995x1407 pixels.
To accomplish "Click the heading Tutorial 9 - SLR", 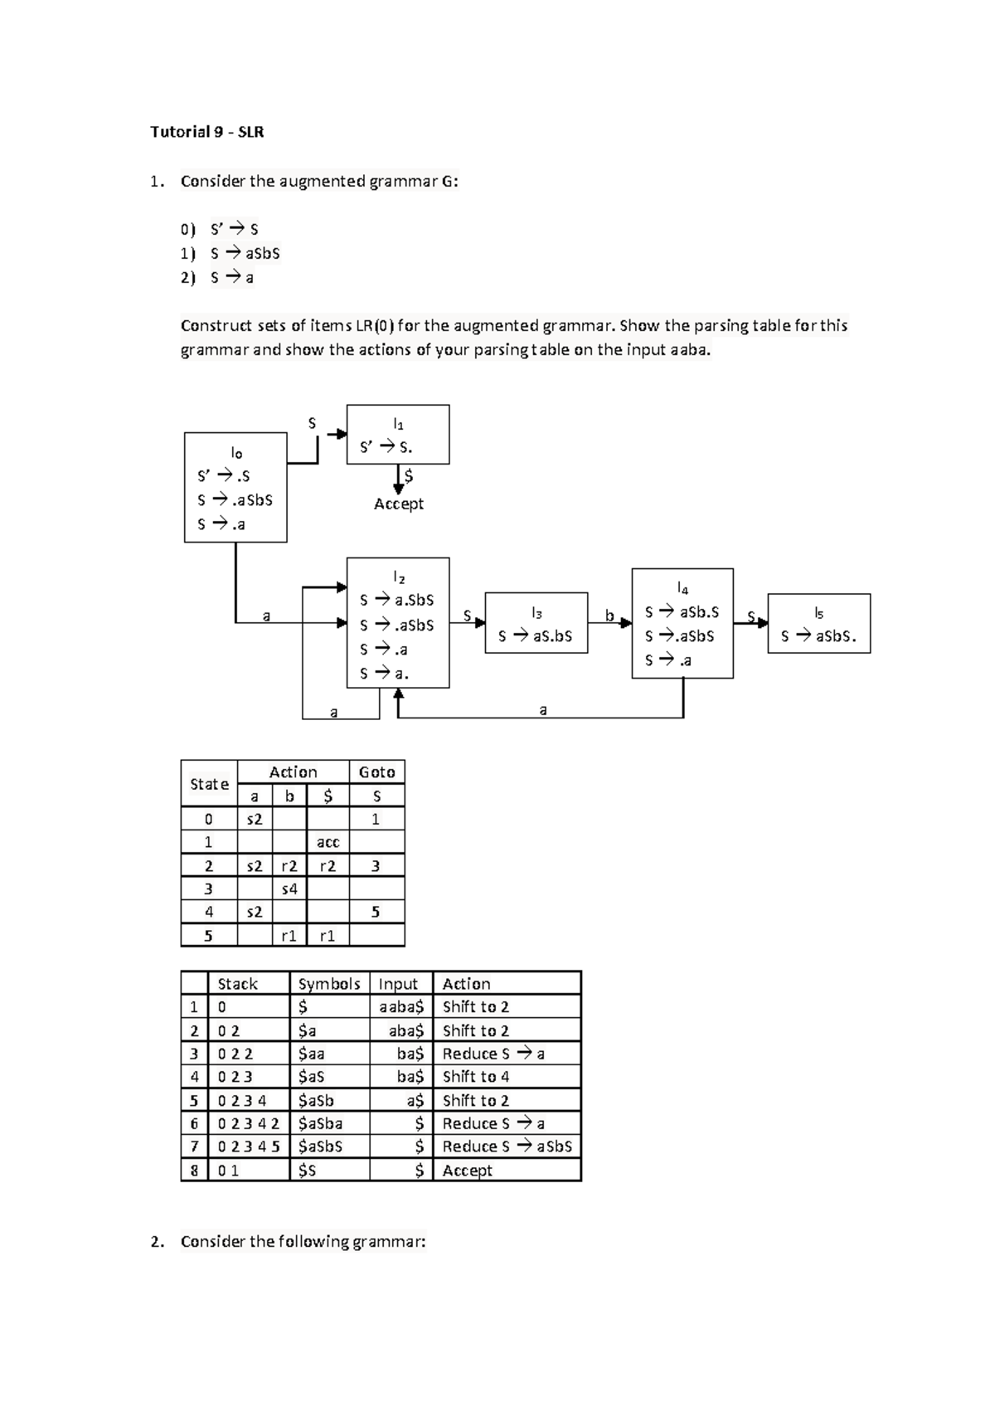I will [206, 132].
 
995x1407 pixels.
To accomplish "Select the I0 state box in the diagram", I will [235, 487].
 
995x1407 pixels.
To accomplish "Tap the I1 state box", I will [398, 435].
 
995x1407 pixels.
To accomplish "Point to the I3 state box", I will [536, 623].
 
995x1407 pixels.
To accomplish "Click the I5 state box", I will [818, 624].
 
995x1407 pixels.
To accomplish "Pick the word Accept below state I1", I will [398, 504].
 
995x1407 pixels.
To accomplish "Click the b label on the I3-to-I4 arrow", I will [609, 616].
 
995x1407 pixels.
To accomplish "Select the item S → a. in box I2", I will [385, 674].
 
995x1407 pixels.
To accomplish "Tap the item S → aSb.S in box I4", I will [682, 612].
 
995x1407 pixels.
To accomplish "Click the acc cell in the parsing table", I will [328, 842].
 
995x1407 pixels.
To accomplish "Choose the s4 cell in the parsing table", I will [289, 889].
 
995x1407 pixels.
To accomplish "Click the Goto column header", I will [376, 772].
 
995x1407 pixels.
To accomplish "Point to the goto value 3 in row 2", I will [376, 866].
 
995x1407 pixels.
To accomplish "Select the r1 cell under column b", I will [289, 936].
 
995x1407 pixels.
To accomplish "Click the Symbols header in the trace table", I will [329, 984].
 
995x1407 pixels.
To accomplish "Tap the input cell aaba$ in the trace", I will [401, 1007].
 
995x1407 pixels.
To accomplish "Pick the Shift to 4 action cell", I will [476, 1077].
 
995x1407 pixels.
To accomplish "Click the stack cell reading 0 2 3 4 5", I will [248, 1147].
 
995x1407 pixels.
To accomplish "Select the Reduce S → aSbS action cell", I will [507, 1147].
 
